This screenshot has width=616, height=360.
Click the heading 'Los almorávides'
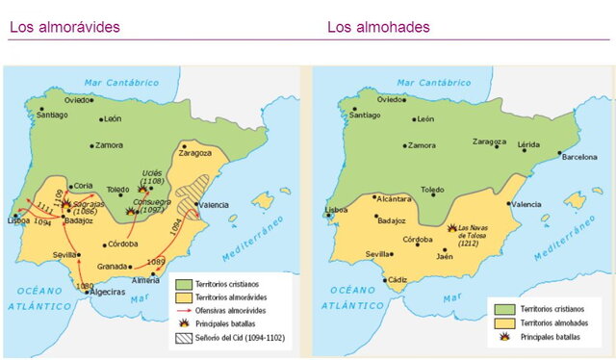[x=64, y=26]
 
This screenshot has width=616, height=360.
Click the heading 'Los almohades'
[x=378, y=26]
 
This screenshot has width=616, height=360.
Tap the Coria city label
[x=83, y=186]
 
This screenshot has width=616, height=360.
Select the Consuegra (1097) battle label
[x=154, y=208]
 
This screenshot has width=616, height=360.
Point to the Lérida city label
[x=529, y=143]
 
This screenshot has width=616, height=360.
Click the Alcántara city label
[x=395, y=198]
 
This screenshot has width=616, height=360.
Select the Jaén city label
[x=444, y=256]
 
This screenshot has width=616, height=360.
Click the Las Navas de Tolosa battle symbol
[x=451, y=227]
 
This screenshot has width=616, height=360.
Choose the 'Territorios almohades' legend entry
[x=555, y=323]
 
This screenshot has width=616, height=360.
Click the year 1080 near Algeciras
[x=86, y=286]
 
